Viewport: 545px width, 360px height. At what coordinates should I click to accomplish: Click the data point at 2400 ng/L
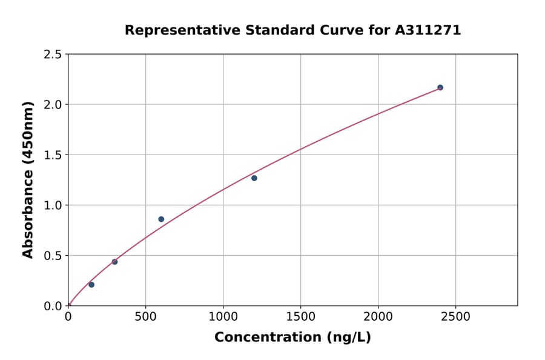(440, 87)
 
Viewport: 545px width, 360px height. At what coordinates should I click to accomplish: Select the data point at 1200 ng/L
(254, 178)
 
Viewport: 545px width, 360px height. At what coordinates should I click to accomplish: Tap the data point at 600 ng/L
(161, 219)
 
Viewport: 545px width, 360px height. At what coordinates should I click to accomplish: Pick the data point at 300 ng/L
(114, 262)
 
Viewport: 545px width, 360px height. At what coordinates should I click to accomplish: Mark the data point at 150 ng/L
(91, 285)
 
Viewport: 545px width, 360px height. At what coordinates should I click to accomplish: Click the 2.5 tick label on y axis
(53, 55)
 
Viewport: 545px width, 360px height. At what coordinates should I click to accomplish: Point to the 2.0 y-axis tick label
(53, 105)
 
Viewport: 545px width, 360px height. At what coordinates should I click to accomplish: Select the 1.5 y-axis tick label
(53, 155)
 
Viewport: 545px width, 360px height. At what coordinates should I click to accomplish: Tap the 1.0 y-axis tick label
(53, 205)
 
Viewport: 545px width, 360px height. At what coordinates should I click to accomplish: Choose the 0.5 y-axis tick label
(53, 256)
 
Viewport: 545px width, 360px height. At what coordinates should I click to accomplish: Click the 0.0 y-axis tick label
(53, 306)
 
